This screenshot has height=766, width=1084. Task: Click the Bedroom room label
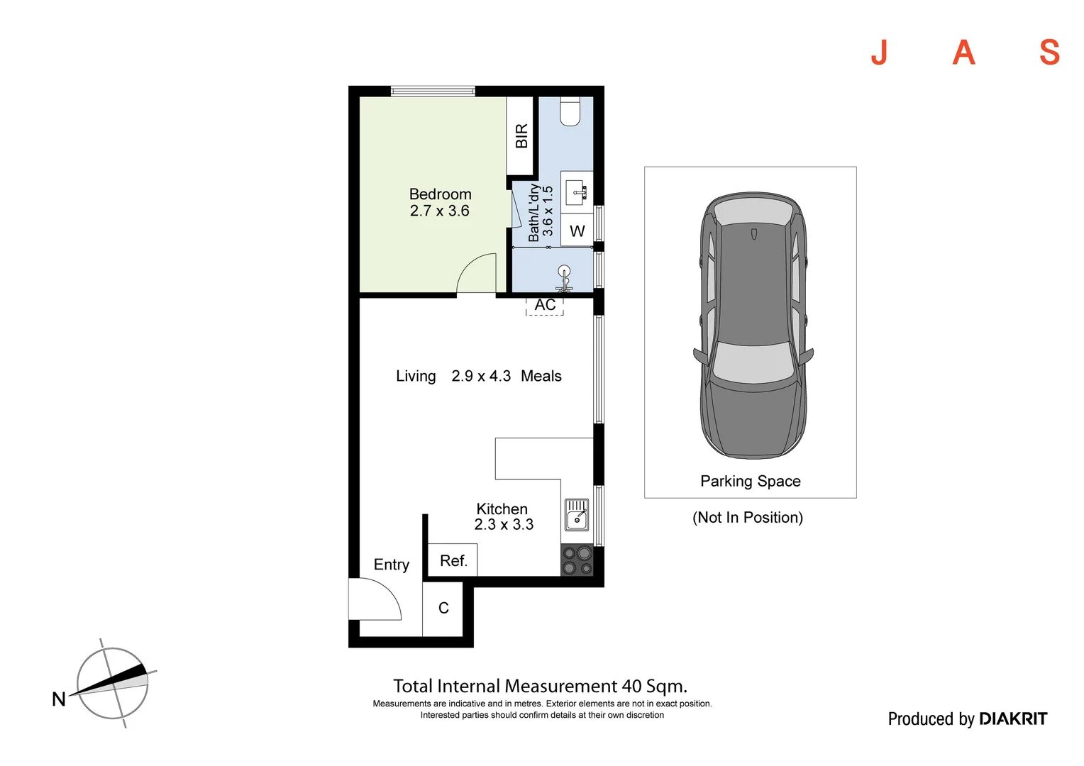pyautogui.click(x=440, y=194)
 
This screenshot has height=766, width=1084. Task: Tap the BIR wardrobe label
pyautogui.click(x=521, y=136)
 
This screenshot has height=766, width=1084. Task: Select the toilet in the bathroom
pyautogui.click(x=570, y=112)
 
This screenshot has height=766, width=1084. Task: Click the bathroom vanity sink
pyautogui.click(x=576, y=191)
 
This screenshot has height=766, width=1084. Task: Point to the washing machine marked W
pyautogui.click(x=577, y=231)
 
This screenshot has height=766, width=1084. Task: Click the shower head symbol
pyautogui.click(x=564, y=272)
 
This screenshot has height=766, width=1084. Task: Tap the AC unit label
pyautogui.click(x=545, y=306)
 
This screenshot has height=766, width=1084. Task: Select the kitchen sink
pyautogui.click(x=577, y=515)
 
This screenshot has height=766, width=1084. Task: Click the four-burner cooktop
pyautogui.click(x=577, y=560)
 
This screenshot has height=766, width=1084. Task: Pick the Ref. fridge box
pyautogui.click(x=453, y=560)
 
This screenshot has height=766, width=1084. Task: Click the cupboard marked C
pyautogui.click(x=443, y=609)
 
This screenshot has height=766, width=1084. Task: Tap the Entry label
pyautogui.click(x=392, y=565)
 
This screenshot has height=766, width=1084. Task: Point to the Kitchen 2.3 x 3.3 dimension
pyautogui.click(x=504, y=525)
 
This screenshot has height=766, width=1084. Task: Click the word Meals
pyautogui.click(x=541, y=377)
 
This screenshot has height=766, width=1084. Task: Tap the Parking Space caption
pyautogui.click(x=750, y=482)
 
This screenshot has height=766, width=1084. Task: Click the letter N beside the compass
pyautogui.click(x=59, y=699)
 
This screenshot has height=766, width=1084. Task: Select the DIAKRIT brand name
pyautogui.click(x=1012, y=719)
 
